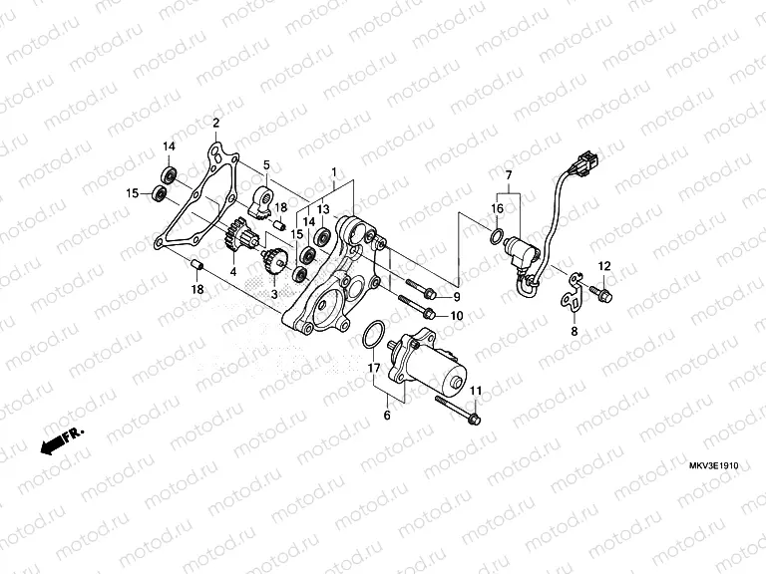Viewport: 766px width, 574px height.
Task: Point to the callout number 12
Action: [603, 265]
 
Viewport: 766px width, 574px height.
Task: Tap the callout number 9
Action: [457, 297]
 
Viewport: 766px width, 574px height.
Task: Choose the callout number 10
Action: [457, 316]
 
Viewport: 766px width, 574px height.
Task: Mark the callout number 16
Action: [496, 208]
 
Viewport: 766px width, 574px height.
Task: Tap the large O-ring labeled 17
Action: [371, 335]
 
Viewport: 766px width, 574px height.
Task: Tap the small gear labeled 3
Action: [274, 261]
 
